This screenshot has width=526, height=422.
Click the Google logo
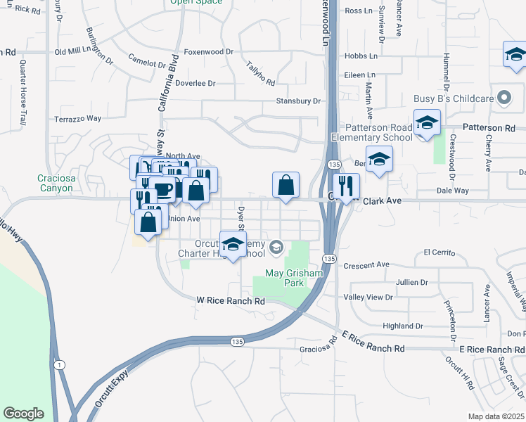[x=23, y=414]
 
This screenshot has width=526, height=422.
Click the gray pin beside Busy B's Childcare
[x=503, y=98]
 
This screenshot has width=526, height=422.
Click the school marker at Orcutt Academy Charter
[x=233, y=245]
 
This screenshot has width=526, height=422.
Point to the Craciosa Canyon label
[x=56, y=184]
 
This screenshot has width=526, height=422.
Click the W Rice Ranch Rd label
[x=230, y=301]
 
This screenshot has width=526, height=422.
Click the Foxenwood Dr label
[x=208, y=52]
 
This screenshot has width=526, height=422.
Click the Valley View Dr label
[x=368, y=298]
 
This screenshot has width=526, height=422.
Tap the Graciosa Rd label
[x=318, y=348]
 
